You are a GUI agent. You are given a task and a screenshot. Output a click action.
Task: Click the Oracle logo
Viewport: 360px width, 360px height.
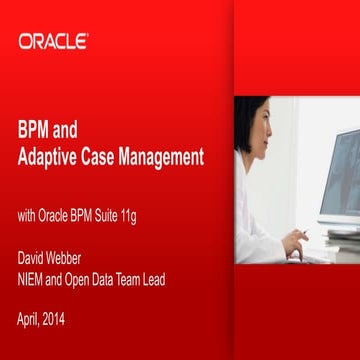pos(53,41)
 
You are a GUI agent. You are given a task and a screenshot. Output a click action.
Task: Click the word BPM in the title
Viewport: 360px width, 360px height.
pos(35,130)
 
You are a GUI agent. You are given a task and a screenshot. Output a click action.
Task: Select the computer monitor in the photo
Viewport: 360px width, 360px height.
pos(340,180)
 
